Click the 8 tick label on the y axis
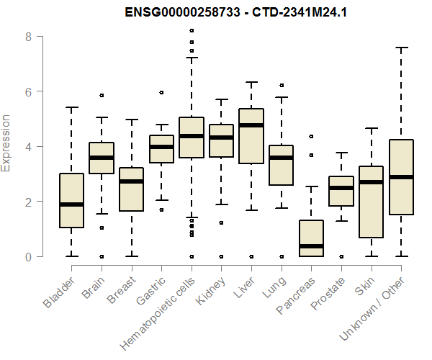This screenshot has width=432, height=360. point(28,36)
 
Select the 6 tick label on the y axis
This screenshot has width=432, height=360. point(28,91)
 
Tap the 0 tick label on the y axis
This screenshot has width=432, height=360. point(28,256)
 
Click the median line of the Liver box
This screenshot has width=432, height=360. point(251,125)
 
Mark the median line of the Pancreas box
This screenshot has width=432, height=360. point(310,246)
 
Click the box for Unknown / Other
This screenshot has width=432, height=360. point(400,177)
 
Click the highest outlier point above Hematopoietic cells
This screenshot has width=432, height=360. point(191,30)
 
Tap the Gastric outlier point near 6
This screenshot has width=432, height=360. point(161,92)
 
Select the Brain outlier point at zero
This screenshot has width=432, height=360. point(102,256)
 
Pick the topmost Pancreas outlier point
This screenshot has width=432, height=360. point(311,136)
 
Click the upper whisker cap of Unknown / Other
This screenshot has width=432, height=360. point(400,48)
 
